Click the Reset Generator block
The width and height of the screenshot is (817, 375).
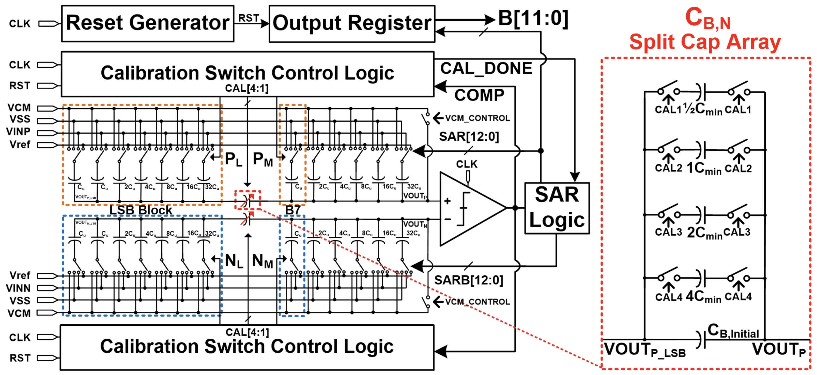tap(147, 23)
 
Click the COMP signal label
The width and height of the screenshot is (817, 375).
tap(479, 95)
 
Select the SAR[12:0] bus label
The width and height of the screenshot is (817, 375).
tap(469, 137)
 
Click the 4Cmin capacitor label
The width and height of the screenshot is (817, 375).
tap(703, 297)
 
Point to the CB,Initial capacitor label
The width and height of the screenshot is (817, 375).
tap(733, 331)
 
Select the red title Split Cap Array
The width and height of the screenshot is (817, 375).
tap(705, 42)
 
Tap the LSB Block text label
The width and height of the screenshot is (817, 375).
tap(141, 210)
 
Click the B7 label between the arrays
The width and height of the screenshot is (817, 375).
tap(292, 210)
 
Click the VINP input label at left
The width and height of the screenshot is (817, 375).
tap(18, 132)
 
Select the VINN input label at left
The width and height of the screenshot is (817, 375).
tap(18, 288)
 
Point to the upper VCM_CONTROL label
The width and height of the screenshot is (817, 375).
tap(477, 118)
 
